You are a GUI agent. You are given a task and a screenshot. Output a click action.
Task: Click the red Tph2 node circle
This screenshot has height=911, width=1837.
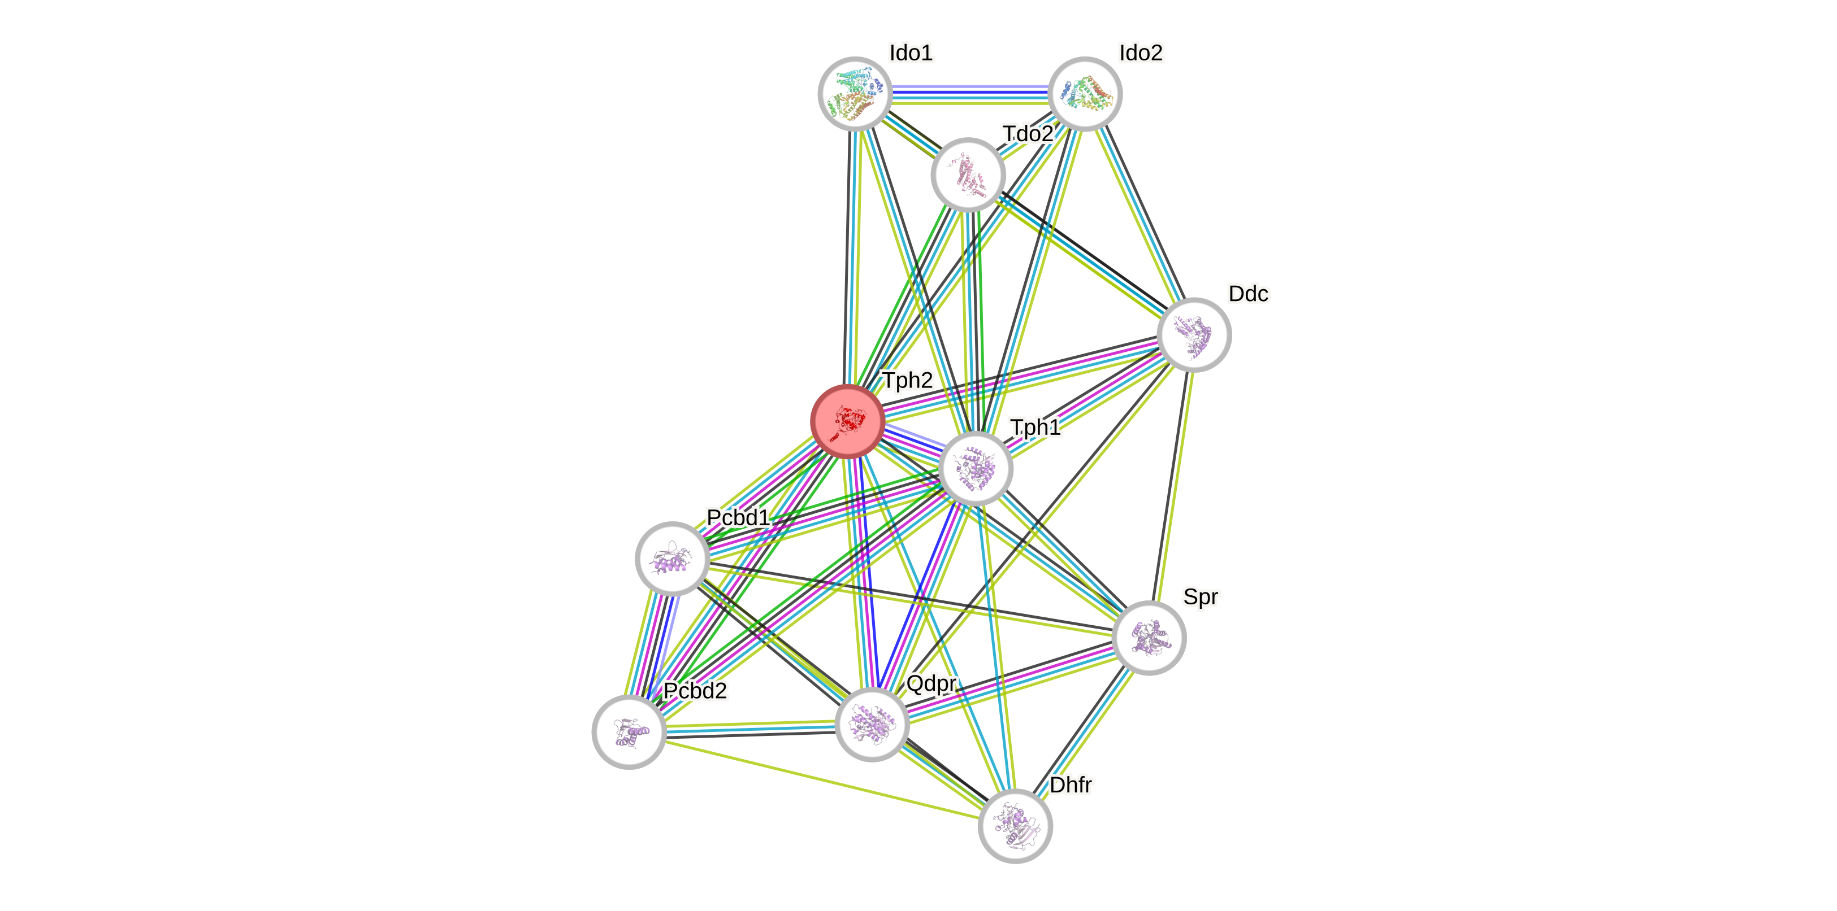(848, 421)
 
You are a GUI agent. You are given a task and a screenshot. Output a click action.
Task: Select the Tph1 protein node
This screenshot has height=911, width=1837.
(976, 468)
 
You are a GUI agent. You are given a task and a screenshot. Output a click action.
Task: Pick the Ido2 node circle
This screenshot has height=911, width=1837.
(1085, 94)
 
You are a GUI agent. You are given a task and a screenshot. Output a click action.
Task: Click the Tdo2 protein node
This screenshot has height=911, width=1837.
(968, 175)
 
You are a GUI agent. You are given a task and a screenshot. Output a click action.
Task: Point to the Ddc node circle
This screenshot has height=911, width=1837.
(1194, 335)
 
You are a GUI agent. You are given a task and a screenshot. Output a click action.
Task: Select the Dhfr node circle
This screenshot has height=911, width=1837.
(1015, 826)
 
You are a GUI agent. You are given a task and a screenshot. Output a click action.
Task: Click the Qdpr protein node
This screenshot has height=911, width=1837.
(872, 724)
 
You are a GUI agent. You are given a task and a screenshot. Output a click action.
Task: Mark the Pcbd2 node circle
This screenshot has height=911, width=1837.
(629, 732)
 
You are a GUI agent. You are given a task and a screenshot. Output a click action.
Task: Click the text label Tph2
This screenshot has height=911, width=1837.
(908, 381)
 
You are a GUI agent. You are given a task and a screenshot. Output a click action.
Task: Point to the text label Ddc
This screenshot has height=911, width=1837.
(1248, 294)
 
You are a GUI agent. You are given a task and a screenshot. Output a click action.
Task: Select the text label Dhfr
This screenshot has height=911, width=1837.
(1071, 785)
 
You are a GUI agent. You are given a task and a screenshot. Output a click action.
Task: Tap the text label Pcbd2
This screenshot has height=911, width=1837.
(695, 691)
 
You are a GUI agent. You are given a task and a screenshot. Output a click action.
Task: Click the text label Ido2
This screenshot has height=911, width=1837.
(1141, 53)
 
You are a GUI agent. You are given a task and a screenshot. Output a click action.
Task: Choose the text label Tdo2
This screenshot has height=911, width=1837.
(1028, 134)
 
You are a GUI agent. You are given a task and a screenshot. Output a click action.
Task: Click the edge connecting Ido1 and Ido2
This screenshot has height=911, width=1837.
(970, 94)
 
